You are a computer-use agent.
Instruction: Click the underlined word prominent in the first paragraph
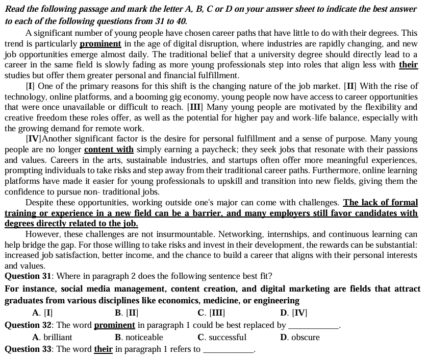click(100, 43)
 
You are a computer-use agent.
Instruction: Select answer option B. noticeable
click(139, 337)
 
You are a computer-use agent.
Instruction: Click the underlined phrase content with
click(109, 150)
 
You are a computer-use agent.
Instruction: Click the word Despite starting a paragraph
click(39, 203)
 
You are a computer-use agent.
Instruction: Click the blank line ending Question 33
click(228, 350)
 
